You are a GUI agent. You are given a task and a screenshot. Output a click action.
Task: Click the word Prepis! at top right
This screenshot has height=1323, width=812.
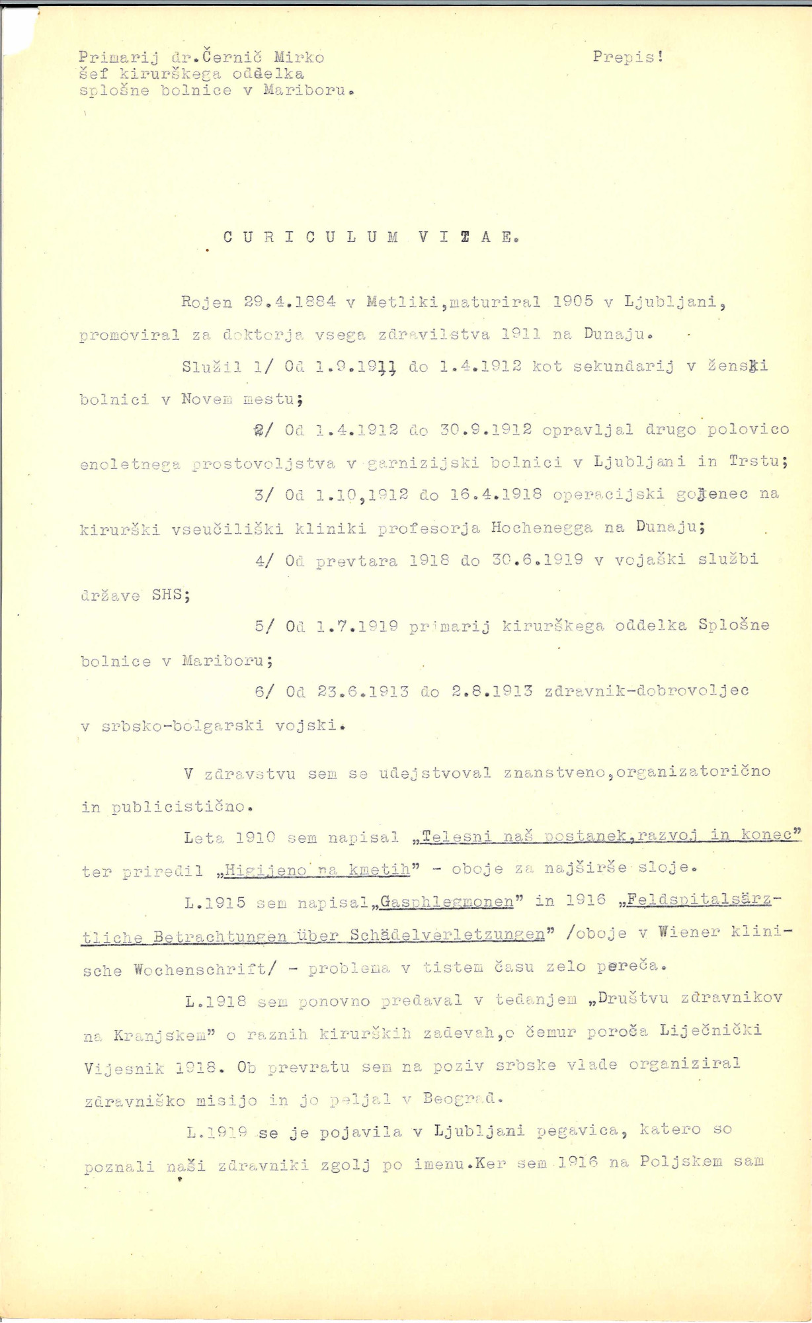tap(628, 57)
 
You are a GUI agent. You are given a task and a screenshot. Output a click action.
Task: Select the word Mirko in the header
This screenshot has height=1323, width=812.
tap(299, 57)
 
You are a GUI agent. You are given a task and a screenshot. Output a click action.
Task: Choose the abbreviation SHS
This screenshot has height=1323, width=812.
tap(171, 594)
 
